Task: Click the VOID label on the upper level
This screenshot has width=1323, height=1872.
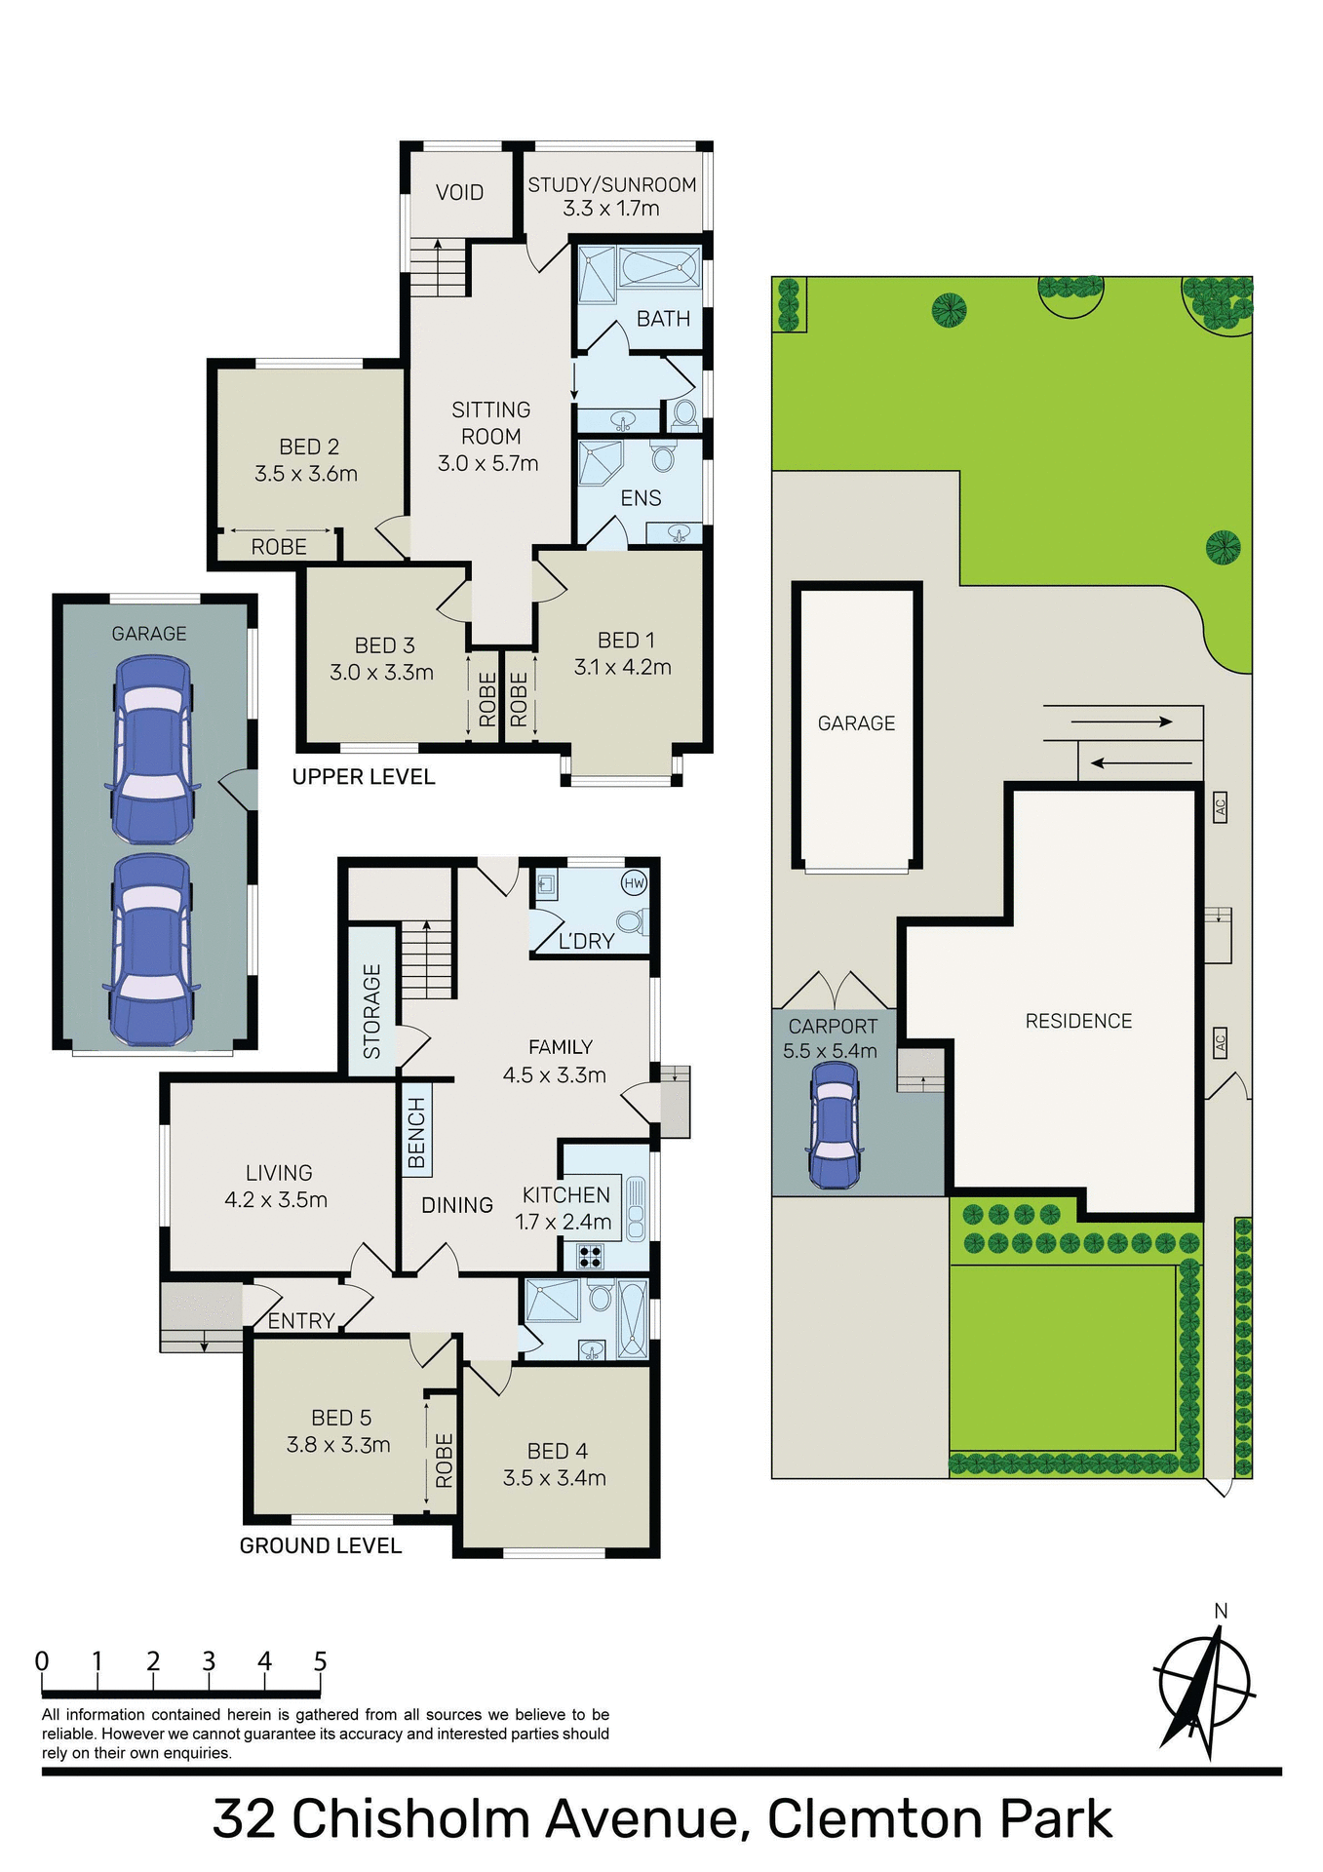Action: (459, 192)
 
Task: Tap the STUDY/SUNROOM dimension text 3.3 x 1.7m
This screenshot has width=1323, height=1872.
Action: (611, 209)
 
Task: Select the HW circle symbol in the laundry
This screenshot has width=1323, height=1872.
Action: (634, 883)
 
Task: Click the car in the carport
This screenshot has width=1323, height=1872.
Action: (835, 1124)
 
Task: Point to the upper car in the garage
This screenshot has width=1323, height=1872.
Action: (152, 749)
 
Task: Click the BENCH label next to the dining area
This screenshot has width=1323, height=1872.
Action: (416, 1132)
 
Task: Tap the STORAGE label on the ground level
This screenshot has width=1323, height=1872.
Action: (371, 1011)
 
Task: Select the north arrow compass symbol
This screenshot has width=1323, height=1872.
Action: (1203, 1688)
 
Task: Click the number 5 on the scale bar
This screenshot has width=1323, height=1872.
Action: (320, 1661)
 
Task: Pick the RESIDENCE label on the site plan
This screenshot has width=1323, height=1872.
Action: (1078, 1021)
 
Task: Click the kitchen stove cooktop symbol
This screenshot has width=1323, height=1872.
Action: (590, 1256)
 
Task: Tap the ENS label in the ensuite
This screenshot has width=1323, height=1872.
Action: (641, 498)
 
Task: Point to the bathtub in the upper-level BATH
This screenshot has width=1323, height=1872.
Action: (659, 267)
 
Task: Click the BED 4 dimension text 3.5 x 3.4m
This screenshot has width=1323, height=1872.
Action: (554, 1478)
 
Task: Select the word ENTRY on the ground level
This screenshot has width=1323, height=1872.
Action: (301, 1321)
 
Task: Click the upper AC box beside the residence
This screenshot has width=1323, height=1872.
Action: (1220, 807)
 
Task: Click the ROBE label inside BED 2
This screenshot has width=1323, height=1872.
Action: (279, 547)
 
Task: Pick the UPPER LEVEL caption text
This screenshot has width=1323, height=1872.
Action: (364, 777)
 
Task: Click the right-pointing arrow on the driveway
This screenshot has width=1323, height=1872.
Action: (1121, 721)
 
